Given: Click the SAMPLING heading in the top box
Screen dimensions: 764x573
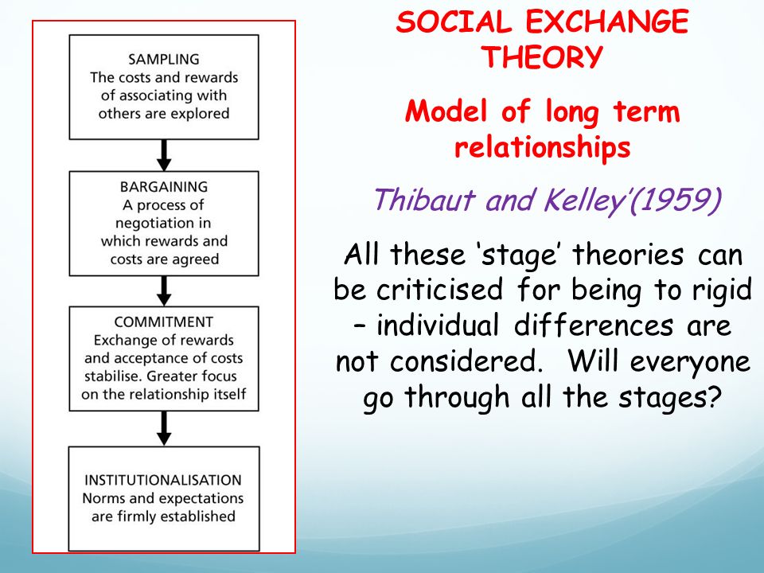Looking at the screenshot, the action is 164,60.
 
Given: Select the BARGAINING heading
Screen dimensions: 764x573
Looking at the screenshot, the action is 164,187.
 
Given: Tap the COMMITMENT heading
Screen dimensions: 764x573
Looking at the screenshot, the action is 164,322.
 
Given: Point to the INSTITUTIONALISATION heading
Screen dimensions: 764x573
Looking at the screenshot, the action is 162,480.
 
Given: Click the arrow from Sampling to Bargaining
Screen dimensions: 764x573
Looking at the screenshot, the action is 164,155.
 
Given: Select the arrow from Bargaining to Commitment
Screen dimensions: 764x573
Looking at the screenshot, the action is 164,291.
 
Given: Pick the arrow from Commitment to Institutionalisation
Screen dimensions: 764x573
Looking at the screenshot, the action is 164,429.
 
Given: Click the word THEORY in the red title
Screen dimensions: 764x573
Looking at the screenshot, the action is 542,57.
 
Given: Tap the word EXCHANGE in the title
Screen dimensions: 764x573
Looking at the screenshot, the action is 607,22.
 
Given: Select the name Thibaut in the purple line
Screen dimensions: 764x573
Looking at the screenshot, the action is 424,200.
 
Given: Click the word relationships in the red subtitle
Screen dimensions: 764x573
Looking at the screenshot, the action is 542,146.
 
